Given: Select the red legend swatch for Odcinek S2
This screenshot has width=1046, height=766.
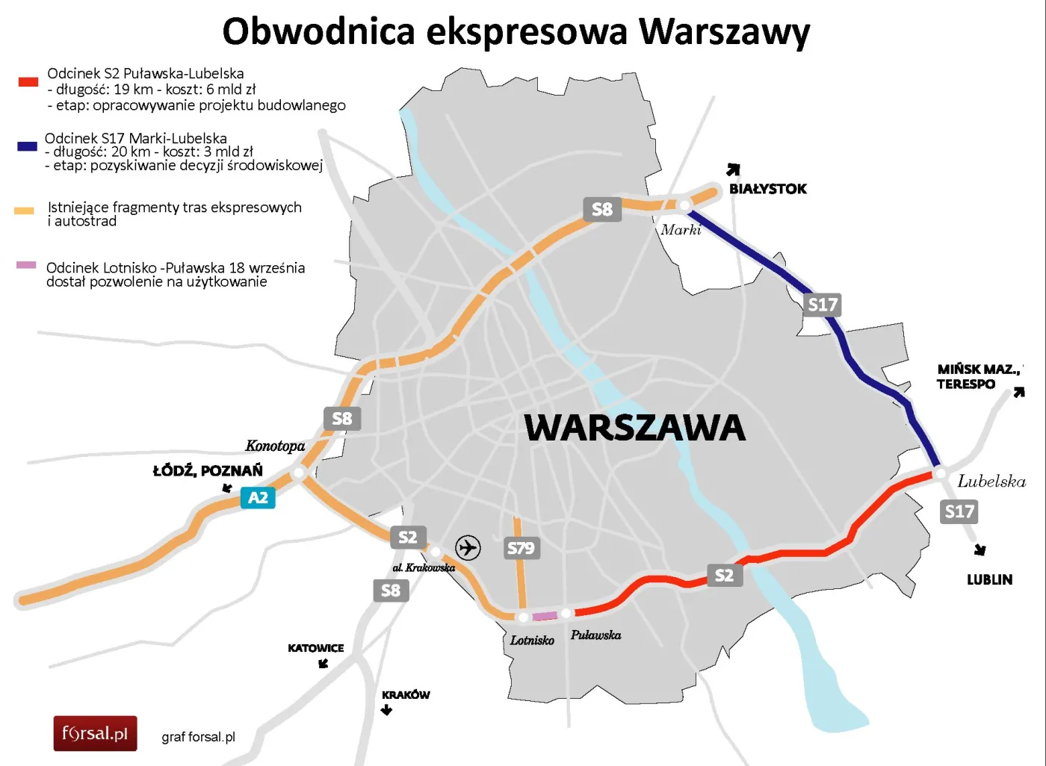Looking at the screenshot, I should coord(28,81).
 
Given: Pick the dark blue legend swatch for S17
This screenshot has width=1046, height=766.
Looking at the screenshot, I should coord(27,146).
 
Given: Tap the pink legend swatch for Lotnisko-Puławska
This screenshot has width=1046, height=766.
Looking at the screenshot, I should coord(26,265).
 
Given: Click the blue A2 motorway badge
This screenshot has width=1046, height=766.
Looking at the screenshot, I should coord(258,498).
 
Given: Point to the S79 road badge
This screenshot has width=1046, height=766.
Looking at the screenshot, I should coord(521,548).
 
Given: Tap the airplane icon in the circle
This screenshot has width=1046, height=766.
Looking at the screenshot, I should coord(468,547).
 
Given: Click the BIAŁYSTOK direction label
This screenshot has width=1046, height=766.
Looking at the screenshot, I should coord(767,189).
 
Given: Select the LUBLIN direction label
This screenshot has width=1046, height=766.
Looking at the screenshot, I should coord(989,579).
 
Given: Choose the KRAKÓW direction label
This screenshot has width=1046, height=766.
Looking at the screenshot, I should coord(406,694).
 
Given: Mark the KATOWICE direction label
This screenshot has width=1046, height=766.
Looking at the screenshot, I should coord(315,648).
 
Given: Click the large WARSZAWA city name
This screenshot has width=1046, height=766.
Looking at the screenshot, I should coord(634,428).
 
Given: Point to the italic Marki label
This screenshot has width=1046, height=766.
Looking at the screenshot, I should coord(681,230).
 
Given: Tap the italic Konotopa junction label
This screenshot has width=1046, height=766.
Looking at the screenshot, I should coord(275,446).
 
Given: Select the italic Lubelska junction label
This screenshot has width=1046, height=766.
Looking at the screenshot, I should coord(991,482).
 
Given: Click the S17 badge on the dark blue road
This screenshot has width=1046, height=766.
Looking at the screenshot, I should coord(823,305).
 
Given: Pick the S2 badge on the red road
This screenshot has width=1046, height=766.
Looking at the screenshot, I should coord(724,575).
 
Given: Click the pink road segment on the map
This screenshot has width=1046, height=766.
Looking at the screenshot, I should coord(545,616).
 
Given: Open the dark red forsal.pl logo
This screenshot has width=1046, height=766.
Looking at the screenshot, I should coord(95,733).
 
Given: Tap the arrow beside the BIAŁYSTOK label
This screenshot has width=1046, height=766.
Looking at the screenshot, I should coord(734,169).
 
